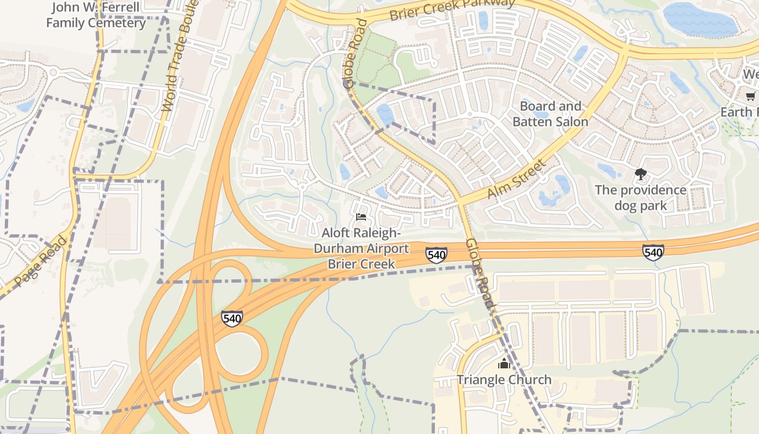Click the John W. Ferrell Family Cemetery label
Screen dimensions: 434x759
95,15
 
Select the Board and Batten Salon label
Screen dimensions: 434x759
550,114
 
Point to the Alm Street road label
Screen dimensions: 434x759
516,180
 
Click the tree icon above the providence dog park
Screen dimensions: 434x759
640,174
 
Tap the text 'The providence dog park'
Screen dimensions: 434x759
640,198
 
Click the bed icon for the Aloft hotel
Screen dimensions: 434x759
361,217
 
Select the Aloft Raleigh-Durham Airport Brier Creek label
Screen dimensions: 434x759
361,248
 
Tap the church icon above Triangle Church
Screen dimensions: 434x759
504,363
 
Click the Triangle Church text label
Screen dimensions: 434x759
504,380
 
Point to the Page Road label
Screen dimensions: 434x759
40,261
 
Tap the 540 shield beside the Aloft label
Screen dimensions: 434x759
436,254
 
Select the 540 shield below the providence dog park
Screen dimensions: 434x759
653,252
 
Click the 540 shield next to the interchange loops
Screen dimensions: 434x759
231,318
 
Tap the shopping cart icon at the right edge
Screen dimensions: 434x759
750,97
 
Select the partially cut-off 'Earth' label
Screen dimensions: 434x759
739,112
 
